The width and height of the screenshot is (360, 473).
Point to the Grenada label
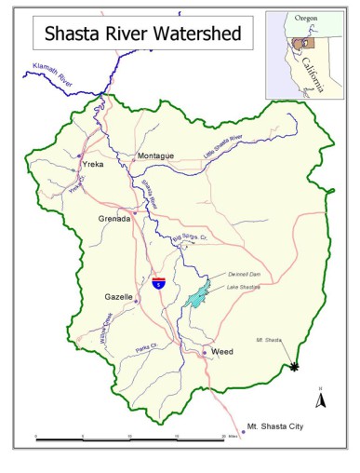[115, 219]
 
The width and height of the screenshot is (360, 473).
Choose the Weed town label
[222, 353]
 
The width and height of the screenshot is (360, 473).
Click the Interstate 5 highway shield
[159, 280]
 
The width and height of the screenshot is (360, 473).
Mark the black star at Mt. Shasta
[296, 368]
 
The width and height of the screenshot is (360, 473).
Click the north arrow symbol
[319, 399]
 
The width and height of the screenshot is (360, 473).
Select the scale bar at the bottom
[130, 436]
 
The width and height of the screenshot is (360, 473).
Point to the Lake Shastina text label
[243, 287]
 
